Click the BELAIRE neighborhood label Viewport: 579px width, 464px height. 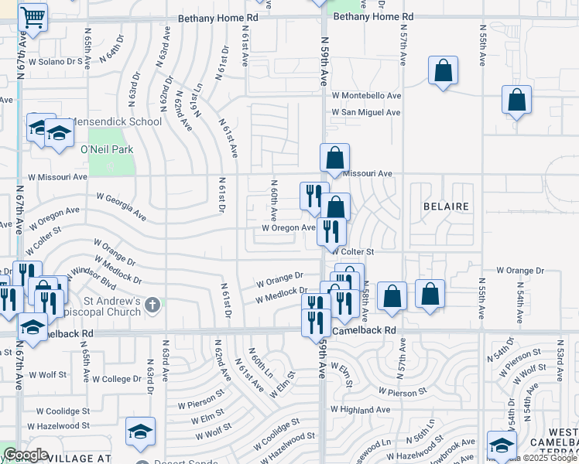point(446,206)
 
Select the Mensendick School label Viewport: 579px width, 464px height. point(115,121)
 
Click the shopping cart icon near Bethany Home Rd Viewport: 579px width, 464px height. point(33,16)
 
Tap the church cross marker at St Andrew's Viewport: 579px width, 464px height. point(152,304)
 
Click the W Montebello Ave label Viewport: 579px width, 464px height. point(366,95)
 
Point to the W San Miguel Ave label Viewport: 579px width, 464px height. point(366,112)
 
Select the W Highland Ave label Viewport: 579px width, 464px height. point(360,409)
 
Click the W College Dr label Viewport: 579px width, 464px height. point(115,379)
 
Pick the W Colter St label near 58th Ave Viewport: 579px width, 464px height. point(353,251)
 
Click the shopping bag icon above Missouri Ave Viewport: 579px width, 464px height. point(334,158)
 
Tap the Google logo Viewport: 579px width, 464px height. point(26,455)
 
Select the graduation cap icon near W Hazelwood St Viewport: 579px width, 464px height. point(140,432)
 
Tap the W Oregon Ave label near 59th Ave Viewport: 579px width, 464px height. point(288,227)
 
